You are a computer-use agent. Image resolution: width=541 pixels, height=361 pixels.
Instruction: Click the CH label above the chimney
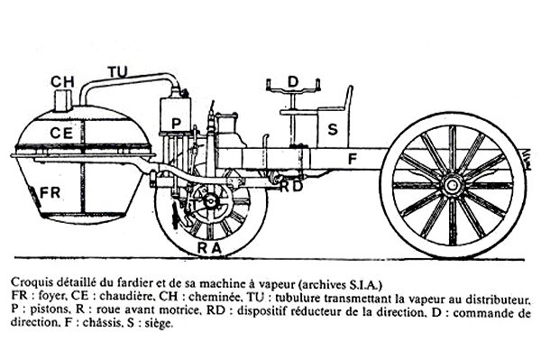[62, 81]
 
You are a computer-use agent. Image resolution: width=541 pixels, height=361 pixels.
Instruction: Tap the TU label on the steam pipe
[117, 71]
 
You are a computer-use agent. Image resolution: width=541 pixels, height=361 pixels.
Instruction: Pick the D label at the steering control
[292, 81]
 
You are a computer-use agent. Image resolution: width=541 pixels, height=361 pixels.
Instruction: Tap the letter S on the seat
[333, 130]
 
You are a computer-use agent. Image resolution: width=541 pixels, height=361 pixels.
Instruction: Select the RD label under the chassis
[290, 187]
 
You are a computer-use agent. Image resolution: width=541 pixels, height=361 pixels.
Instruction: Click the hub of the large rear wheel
[452, 185]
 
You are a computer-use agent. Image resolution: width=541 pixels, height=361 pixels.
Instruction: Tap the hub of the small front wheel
[212, 199]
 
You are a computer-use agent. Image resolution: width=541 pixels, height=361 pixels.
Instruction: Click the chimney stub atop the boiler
[62, 98]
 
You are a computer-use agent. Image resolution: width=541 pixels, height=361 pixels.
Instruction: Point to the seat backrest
[347, 99]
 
